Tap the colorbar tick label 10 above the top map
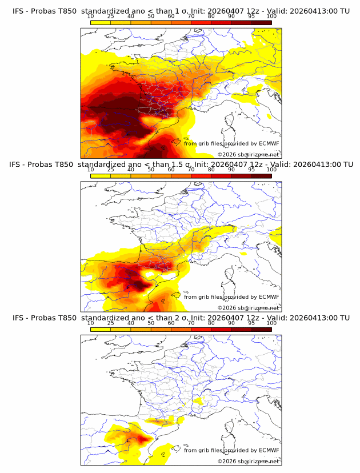[x=90, y=17]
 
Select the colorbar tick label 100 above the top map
[x=271, y=17]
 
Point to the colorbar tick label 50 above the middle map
[x=151, y=170]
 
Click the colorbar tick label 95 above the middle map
[x=251, y=170]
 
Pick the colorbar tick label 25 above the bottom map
[x=110, y=323]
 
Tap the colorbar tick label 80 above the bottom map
[x=211, y=323]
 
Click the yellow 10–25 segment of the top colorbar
[x=101, y=23]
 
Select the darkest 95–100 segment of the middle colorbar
[x=261, y=175]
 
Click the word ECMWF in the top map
[x=269, y=144]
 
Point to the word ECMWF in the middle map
[x=269, y=297]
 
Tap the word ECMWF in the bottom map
[x=269, y=450]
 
